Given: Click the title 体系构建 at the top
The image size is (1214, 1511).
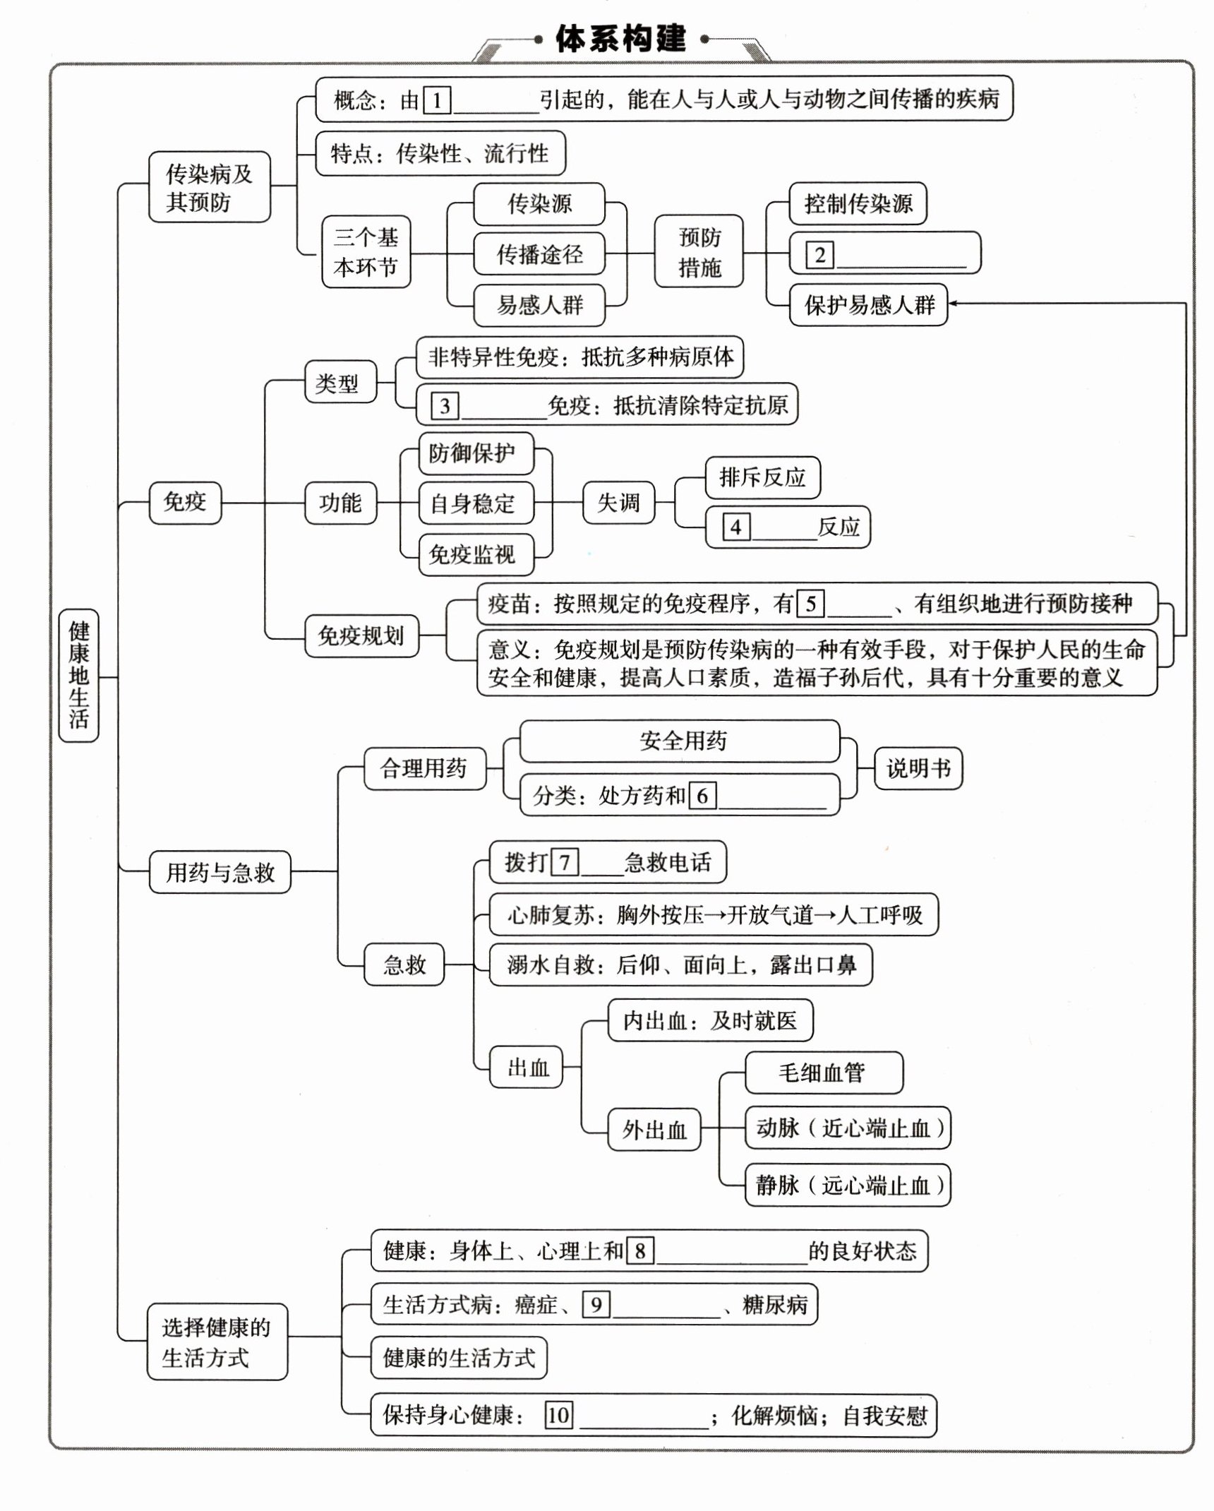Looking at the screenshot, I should click(620, 39).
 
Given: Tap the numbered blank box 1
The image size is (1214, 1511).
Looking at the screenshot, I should click(437, 100).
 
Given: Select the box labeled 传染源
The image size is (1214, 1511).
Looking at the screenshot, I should click(539, 204).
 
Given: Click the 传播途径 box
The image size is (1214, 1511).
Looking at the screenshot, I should click(539, 254).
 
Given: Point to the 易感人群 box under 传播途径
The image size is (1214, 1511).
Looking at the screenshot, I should click(539, 305).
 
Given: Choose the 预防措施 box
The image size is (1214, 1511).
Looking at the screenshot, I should click(699, 252).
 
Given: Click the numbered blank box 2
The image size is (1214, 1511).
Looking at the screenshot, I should click(819, 255).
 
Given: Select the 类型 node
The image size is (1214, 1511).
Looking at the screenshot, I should click(339, 383).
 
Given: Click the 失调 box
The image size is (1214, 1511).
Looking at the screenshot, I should click(618, 503).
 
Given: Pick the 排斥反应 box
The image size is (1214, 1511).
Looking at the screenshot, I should click(762, 478).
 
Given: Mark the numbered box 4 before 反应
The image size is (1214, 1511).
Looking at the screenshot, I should click(735, 527).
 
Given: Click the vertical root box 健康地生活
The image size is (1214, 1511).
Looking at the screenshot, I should click(78, 675).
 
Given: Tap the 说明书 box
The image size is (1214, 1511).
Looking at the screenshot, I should click(918, 768).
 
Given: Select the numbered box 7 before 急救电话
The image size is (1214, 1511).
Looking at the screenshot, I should click(564, 862).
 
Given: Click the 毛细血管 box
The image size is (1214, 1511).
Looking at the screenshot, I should click(822, 1073).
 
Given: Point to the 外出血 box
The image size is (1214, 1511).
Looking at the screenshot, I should click(654, 1130).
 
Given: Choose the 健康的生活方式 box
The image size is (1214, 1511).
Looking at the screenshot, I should click(459, 1358).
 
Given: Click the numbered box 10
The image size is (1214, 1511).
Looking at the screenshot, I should click(558, 1415).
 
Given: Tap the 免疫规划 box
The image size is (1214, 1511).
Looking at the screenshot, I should click(361, 636).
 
